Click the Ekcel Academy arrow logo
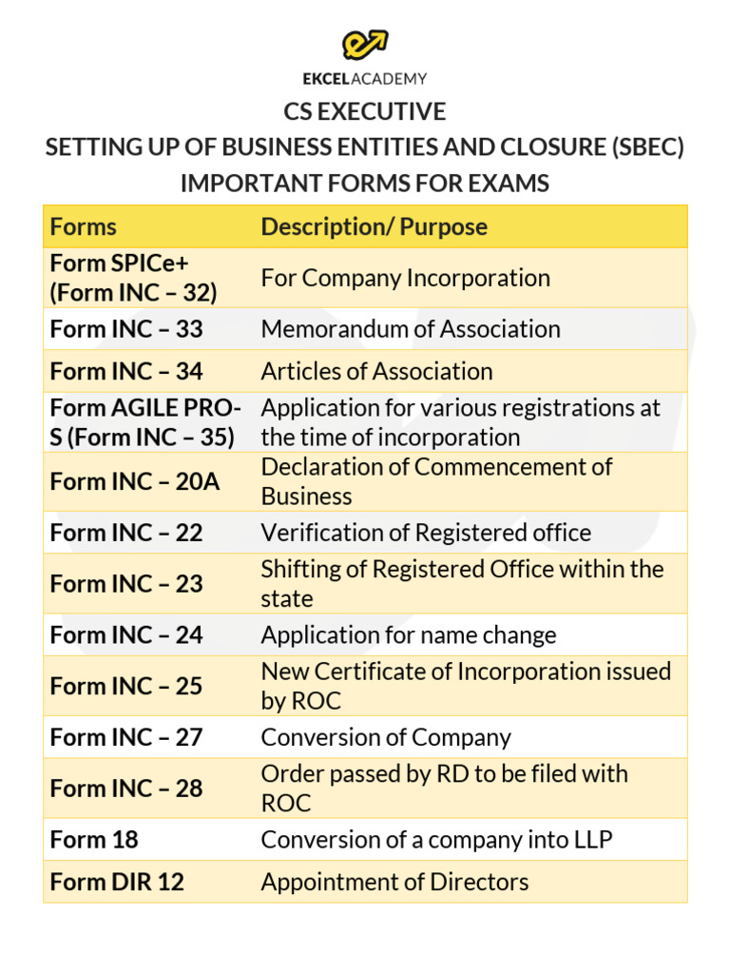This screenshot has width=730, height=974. [x=365, y=44]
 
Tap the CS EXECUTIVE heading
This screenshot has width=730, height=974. [x=365, y=112]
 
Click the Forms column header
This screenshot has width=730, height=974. [x=84, y=226]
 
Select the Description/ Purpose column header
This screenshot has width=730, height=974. [x=374, y=226]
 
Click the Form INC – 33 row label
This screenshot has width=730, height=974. [x=126, y=329]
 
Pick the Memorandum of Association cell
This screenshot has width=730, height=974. [x=411, y=329]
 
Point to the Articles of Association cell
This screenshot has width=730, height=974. [x=376, y=371]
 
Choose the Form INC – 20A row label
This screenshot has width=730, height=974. [x=134, y=481]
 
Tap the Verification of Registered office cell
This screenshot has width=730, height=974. [x=426, y=533]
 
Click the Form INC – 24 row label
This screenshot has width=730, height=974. [x=126, y=635]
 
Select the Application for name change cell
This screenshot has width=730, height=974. [x=409, y=635]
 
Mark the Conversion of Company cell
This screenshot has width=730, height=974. [x=386, y=738]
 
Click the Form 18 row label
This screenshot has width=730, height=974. [x=94, y=840]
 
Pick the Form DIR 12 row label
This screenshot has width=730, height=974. [x=117, y=882]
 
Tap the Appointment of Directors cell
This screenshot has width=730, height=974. [x=394, y=882]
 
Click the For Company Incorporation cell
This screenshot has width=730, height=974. [x=406, y=278]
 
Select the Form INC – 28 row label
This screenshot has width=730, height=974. [x=126, y=789]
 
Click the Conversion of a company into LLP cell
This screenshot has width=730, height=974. [x=436, y=840]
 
